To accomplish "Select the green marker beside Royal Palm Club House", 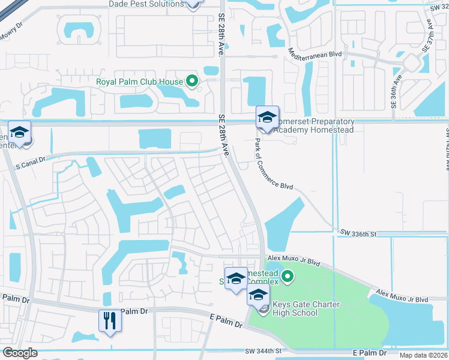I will (x=192, y=81).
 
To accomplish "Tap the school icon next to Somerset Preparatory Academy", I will (x=267, y=117).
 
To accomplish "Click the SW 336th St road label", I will (x=358, y=232).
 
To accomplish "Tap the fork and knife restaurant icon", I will (x=110, y=320).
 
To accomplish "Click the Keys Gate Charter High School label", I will (x=306, y=308).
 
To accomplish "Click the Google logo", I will (x=20, y=353).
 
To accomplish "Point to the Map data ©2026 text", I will (x=423, y=355).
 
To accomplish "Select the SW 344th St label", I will (x=263, y=350).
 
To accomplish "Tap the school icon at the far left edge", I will (x=19, y=133).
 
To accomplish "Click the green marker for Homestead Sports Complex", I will (x=288, y=277).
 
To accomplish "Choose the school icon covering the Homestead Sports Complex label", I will (x=237, y=278).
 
